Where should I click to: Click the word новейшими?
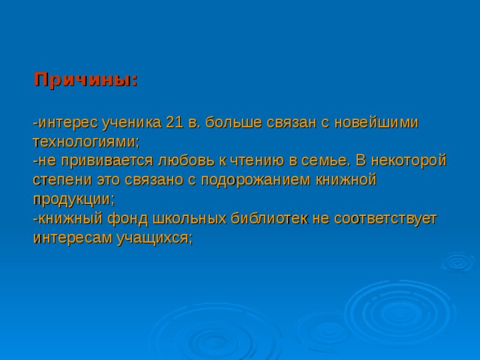pyautogui.click(x=376, y=122)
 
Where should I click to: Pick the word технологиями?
pyautogui.click(x=85, y=142)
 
